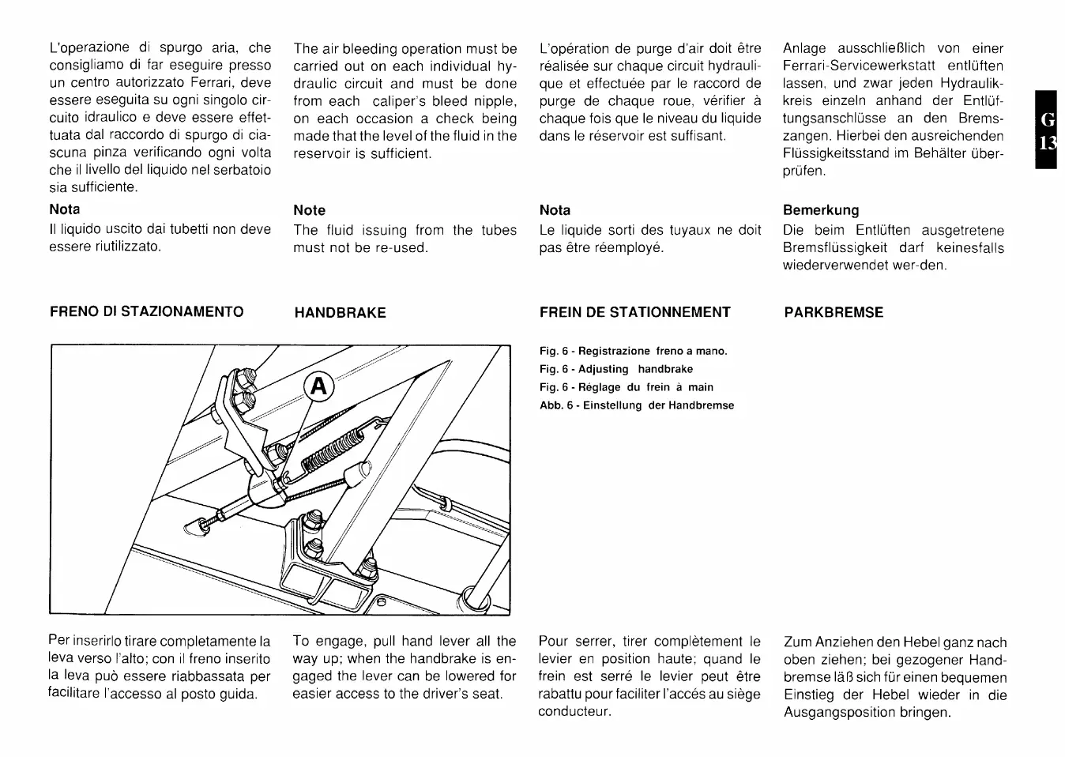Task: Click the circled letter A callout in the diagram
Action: coord(318,386)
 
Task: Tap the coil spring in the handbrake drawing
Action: coord(331,449)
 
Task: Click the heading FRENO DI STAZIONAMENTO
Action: coord(147,311)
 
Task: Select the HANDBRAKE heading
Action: coord(340,313)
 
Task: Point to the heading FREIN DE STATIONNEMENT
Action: coord(635,312)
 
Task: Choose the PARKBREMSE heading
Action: coord(834,312)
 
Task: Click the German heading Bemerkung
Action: coord(821,210)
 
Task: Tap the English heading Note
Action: coord(309,210)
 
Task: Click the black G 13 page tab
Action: coord(1048,131)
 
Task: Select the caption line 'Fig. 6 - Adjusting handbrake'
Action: coord(616,369)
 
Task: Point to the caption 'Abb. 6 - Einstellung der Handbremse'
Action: coord(637,405)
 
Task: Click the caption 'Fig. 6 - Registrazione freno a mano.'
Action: coord(634,351)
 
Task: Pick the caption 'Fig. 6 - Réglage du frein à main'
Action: coord(627,387)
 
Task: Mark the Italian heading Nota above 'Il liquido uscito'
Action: coord(65,209)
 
